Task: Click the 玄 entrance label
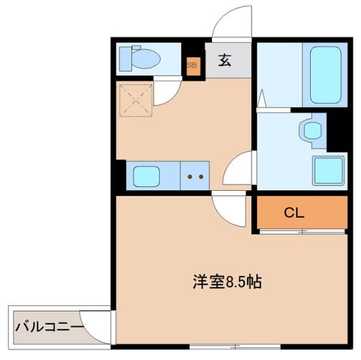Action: tap(225, 61)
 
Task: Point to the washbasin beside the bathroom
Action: tap(312, 131)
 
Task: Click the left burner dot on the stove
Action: tap(190, 177)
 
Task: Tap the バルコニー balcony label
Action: tap(49, 328)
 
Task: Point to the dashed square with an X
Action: tap(136, 99)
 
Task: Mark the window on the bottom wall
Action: tap(235, 346)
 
